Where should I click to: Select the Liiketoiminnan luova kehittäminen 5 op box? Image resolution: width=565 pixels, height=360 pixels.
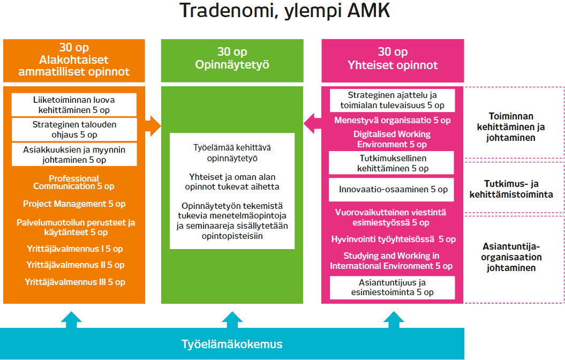[x=74, y=105]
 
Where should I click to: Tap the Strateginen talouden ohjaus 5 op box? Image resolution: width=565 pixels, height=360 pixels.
[x=74, y=130]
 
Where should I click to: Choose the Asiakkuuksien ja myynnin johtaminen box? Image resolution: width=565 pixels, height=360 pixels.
[x=74, y=155]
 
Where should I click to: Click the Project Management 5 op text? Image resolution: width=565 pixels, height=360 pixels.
[x=74, y=204]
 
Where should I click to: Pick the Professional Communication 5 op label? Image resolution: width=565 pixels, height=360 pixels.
[x=74, y=183]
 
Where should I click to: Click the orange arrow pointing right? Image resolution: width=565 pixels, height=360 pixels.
[x=153, y=126]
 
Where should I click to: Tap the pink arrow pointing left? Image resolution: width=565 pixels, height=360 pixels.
[x=312, y=124]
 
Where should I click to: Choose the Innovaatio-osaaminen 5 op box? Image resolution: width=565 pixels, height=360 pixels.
[x=393, y=190]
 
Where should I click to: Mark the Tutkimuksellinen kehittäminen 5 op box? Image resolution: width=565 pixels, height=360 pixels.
[x=393, y=163]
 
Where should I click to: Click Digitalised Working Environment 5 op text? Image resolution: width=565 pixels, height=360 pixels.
[x=393, y=139]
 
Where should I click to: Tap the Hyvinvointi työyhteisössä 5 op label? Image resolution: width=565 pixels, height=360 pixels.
[x=393, y=239]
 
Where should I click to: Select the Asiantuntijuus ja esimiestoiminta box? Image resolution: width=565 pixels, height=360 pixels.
[x=393, y=288]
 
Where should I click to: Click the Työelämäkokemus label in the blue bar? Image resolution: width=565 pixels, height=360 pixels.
[x=231, y=344]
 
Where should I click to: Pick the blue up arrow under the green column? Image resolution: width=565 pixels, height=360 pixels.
[x=232, y=319]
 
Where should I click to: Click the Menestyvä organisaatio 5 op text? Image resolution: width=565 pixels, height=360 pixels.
[x=393, y=121]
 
